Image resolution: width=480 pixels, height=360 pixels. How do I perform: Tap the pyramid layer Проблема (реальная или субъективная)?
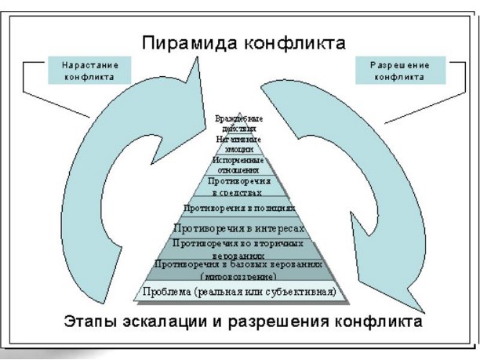(239, 293)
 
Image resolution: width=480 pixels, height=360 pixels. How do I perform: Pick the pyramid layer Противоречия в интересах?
(238, 229)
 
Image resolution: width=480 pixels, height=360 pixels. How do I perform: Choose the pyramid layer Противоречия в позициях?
(238, 209)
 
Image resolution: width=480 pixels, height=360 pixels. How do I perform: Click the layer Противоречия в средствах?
(239, 186)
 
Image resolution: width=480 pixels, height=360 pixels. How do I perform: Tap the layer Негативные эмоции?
(239, 142)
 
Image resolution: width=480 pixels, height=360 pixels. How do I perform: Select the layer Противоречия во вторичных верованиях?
(238, 249)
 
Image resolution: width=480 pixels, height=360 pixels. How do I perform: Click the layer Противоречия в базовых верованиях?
(239, 270)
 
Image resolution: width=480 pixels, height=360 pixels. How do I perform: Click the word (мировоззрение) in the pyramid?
(239, 277)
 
